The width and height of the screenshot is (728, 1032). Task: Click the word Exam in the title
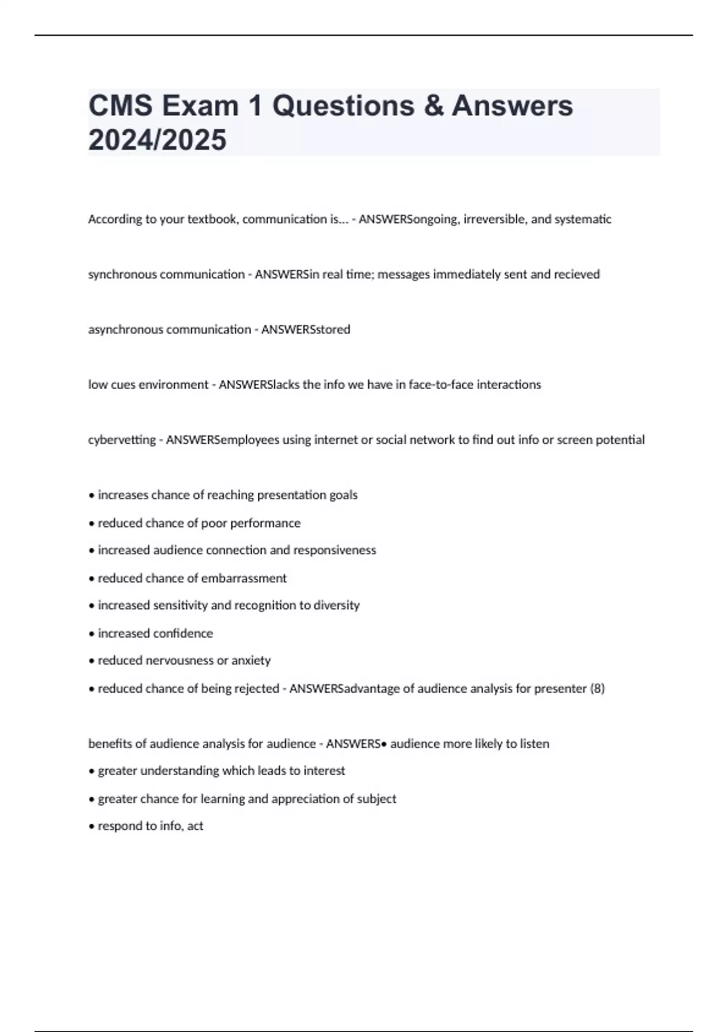(x=200, y=106)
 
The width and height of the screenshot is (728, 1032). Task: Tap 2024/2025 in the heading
(x=157, y=140)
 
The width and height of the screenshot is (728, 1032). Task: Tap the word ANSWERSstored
(x=305, y=330)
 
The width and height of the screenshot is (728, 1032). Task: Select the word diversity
(x=337, y=605)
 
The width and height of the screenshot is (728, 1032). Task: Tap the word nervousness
(x=180, y=660)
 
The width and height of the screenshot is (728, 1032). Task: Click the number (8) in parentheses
(x=597, y=689)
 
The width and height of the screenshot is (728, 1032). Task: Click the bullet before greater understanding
(x=92, y=772)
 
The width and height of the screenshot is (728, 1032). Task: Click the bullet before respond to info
(x=92, y=827)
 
